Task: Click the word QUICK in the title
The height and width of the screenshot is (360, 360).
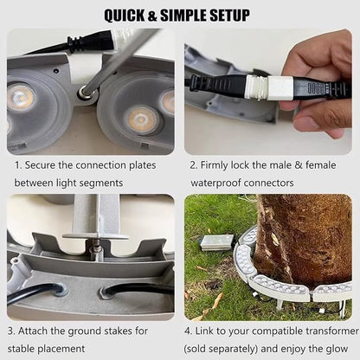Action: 125,16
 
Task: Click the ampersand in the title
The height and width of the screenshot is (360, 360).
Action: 152,16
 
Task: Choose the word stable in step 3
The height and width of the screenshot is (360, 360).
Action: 21,349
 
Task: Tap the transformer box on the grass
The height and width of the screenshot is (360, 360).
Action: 217,242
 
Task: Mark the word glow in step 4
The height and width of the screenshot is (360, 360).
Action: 337,349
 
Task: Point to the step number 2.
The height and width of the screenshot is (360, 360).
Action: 193,165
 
